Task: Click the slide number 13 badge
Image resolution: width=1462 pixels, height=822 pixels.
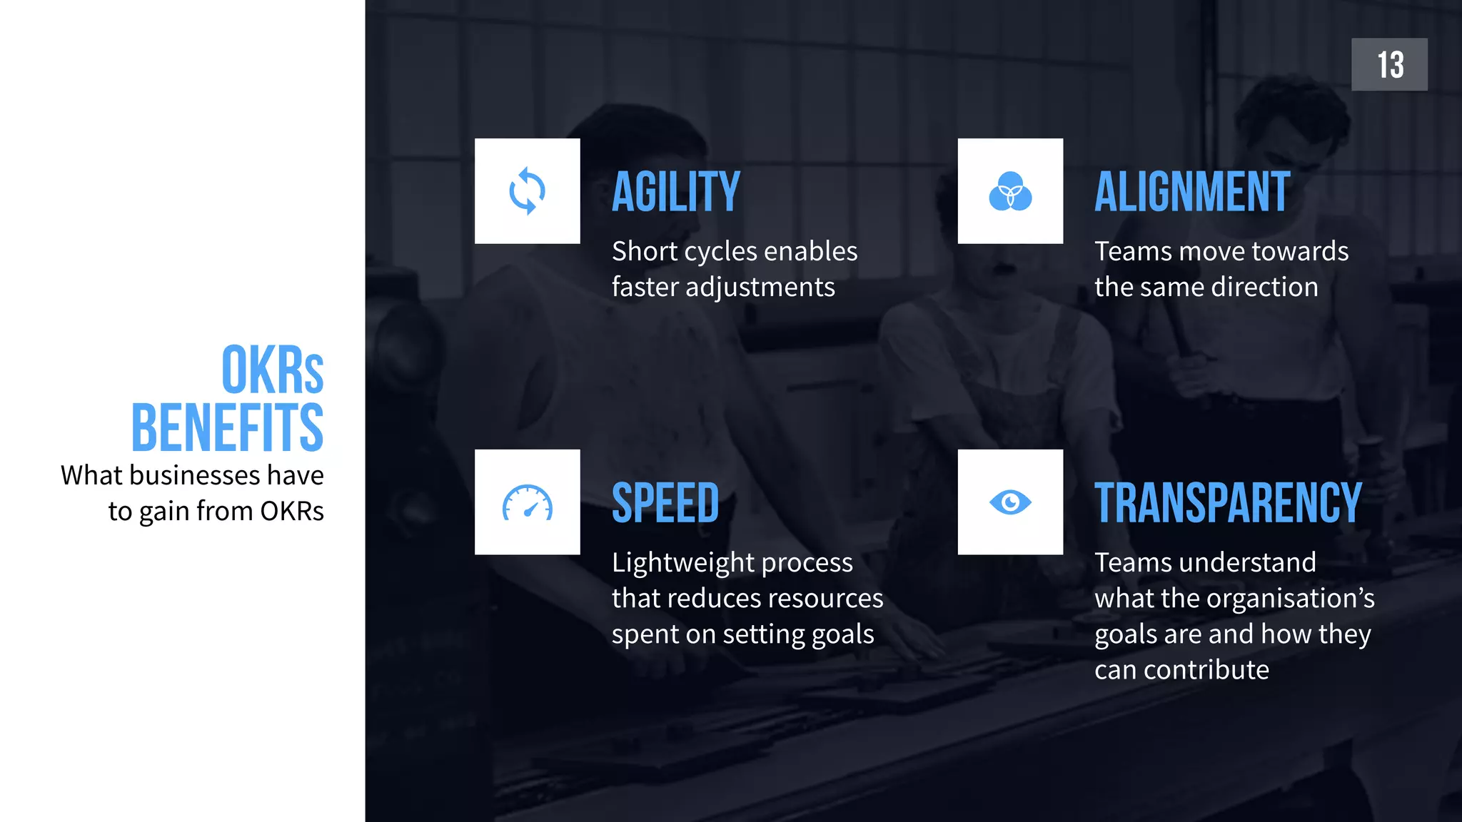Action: click(1389, 64)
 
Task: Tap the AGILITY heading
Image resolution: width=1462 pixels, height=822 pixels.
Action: click(675, 192)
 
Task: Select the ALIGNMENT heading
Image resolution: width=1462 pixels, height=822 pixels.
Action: click(1192, 192)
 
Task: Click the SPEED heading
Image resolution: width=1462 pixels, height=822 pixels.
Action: click(665, 503)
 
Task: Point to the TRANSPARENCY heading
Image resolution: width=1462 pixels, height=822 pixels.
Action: click(1228, 503)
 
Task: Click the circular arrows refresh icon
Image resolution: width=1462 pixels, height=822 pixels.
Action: click(527, 191)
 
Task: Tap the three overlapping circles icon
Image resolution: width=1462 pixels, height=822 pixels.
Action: click(1010, 191)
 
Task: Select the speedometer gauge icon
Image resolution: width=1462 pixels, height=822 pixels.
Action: click(527, 502)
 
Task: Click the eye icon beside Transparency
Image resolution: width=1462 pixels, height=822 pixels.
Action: click(1010, 502)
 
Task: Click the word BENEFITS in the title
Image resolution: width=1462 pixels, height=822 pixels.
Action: click(228, 427)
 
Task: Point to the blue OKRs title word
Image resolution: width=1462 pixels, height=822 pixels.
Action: click(273, 370)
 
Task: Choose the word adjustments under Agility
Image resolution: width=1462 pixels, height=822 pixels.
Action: click(760, 288)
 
